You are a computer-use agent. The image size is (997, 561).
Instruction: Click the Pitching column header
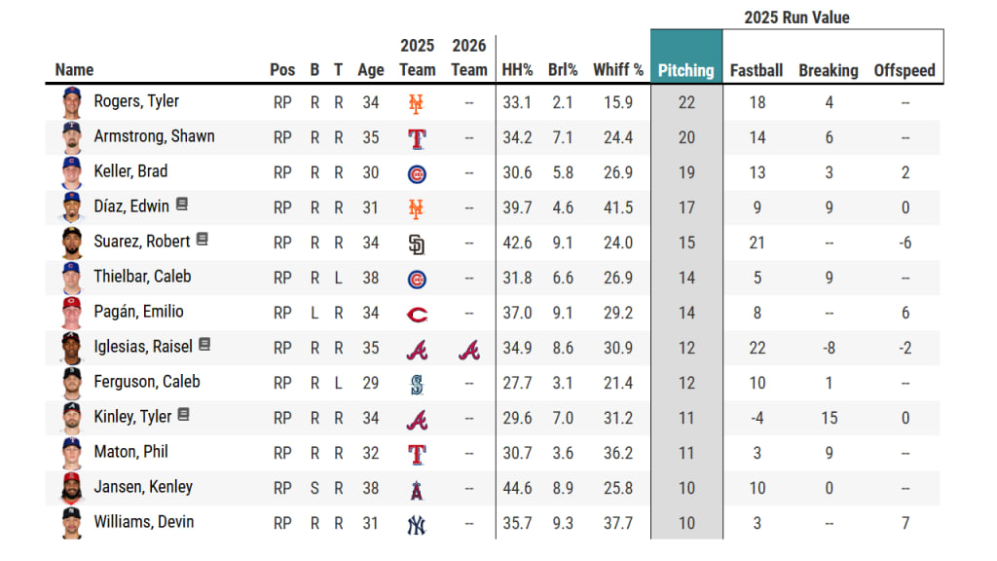pyautogui.click(x=685, y=70)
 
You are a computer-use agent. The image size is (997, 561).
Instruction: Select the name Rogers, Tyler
pyautogui.click(x=135, y=101)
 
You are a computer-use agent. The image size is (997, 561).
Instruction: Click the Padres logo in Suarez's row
pyautogui.click(x=417, y=243)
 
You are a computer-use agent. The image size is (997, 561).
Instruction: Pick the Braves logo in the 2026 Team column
pyautogui.click(x=468, y=349)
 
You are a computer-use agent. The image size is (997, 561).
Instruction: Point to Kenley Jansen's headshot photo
pyautogui.click(x=72, y=488)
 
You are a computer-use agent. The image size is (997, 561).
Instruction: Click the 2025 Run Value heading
pyautogui.click(x=796, y=18)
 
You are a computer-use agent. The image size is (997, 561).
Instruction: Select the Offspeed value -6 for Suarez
pyautogui.click(x=905, y=243)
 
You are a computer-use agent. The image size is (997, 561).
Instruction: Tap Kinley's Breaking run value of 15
pyautogui.click(x=829, y=418)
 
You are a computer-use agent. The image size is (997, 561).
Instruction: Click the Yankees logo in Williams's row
pyautogui.click(x=417, y=524)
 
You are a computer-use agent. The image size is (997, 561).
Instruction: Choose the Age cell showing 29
pyautogui.click(x=370, y=383)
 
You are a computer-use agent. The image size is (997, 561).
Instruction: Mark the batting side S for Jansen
pyautogui.click(x=314, y=488)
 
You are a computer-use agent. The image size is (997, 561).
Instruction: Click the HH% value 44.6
pyautogui.click(x=516, y=488)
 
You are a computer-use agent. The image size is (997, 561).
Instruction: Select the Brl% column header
pyautogui.click(x=563, y=70)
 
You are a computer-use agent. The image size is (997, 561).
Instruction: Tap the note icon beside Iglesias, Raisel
pyautogui.click(x=204, y=345)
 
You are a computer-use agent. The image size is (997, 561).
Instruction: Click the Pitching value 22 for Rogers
pyautogui.click(x=686, y=102)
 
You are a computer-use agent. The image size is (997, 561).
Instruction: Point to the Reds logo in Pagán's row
pyautogui.click(x=417, y=314)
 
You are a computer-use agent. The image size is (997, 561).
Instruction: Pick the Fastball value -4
pyautogui.click(x=757, y=418)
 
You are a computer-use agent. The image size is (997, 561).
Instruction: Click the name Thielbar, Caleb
pyautogui.click(x=142, y=277)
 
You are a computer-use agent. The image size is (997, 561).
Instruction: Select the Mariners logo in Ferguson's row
pyautogui.click(x=417, y=384)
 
